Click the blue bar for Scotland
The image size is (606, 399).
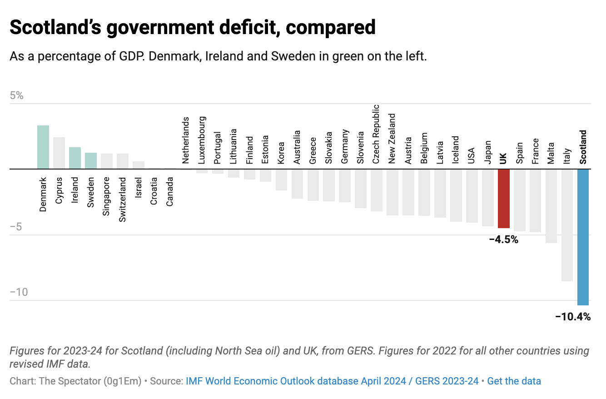click(x=583, y=237)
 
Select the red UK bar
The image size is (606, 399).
click(x=503, y=198)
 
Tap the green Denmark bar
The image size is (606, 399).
click(x=43, y=147)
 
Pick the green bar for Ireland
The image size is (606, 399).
click(x=75, y=158)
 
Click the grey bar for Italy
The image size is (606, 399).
click(x=567, y=225)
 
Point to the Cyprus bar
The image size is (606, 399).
click(x=59, y=153)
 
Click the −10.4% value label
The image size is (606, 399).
click(x=573, y=317)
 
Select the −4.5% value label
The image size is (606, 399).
click(x=503, y=239)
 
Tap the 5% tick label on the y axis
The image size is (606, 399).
click(x=16, y=96)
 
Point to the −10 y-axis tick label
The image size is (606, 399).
click(x=19, y=292)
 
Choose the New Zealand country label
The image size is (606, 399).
click(x=392, y=139)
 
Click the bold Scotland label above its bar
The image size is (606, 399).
click(x=583, y=147)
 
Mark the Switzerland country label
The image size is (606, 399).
click(x=122, y=199)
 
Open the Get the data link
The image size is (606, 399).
click(x=514, y=381)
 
